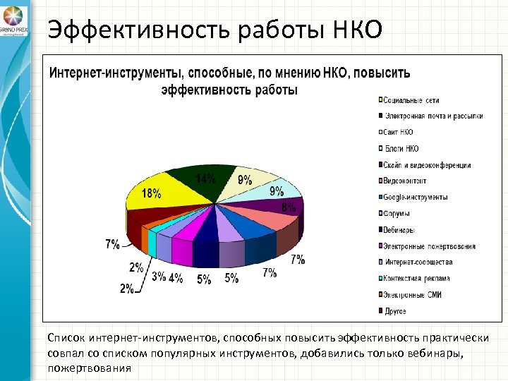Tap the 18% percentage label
pyautogui.click(x=151, y=193)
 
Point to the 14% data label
pyautogui.click(x=206, y=179)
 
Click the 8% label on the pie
pyautogui.click(x=289, y=207)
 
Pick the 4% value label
pyautogui.click(x=176, y=277)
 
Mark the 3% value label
pyautogui.click(x=159, y=277)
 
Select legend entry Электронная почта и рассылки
pyautogui.click(x=433, y=116)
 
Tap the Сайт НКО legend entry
pyautogui.click(x=399, y=132)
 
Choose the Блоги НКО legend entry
pyautogui.click(x=401, y=148)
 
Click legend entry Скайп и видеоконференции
pyautogui.click(x=428, y=165)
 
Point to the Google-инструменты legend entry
pyautogui.click(x=416, y=197)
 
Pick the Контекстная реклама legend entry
pyautogui.click(x=417, y=278)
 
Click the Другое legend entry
pyautogui.click(x=395, y=310)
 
